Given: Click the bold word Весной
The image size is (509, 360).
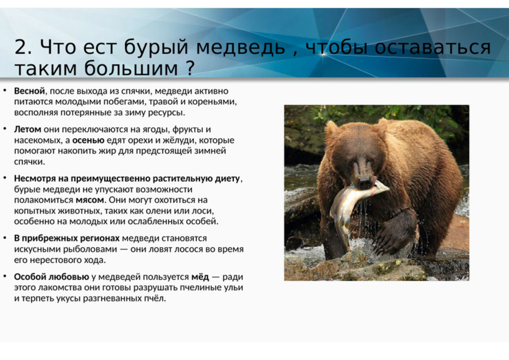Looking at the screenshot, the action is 29,91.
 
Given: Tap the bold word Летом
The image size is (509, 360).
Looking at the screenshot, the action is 27,129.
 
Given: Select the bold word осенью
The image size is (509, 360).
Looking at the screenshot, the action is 88,140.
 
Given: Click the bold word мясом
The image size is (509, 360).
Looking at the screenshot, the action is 90,200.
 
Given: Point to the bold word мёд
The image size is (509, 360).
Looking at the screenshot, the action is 200,277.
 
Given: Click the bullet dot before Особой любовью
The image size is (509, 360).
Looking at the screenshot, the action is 5,276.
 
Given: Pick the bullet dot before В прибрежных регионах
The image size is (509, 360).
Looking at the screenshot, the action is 5,238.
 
